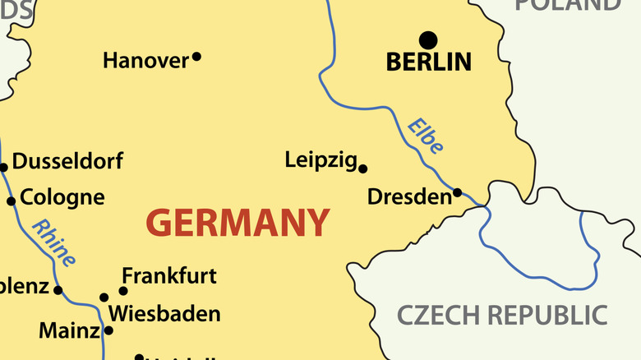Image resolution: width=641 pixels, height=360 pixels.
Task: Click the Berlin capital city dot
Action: point(428,39)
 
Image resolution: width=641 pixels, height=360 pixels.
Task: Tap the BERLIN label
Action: point(429,62)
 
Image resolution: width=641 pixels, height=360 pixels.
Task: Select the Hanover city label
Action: point(145,60)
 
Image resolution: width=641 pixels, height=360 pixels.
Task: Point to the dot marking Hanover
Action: point(196,57)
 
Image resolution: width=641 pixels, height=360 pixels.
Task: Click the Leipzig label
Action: point(320,160)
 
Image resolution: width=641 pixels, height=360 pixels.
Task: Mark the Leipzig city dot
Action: point(363,168)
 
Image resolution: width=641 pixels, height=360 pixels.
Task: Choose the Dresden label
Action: point(409,197)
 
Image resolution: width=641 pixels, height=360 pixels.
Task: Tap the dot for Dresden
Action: point(458,193)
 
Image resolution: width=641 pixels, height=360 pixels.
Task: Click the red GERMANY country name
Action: point(237,223)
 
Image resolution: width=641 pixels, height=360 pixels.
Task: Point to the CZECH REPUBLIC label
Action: point(502,315)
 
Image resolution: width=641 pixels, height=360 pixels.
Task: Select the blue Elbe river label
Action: point(426,136)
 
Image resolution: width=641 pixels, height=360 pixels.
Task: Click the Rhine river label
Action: point(54,243)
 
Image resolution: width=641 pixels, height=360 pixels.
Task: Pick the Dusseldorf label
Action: point(67,161)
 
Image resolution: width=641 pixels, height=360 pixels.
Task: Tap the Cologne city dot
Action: point(12,201)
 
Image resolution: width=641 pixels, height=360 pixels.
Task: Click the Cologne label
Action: point(62,197)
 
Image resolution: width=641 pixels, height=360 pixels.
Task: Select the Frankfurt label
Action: point(169,276)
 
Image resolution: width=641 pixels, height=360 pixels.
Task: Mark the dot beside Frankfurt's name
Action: point(123,290)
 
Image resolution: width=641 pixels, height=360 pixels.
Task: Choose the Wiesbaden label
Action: point(164,314)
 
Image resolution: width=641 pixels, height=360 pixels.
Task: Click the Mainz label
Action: point(69,331)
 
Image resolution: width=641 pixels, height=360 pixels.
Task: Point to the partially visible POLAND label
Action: point(568,5)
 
